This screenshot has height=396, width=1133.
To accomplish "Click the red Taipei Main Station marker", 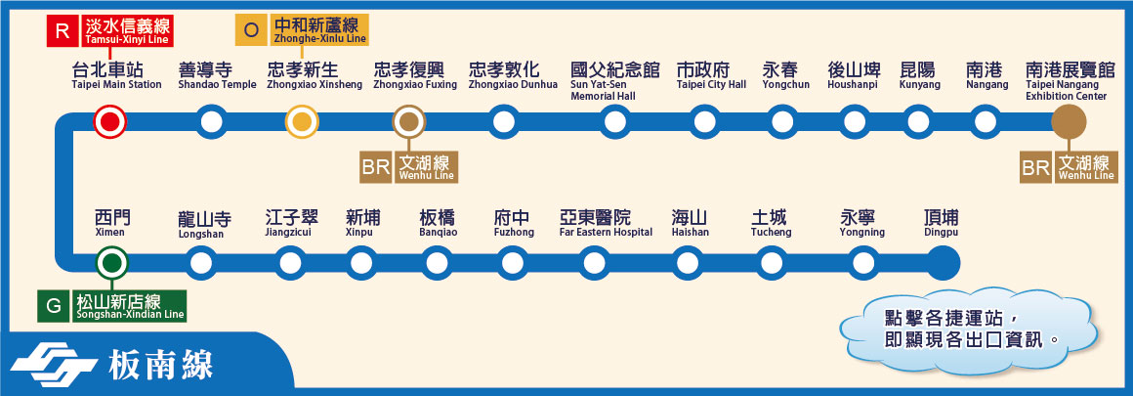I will click(x=109, y=122).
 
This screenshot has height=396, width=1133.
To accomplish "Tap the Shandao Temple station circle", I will click(x=211, y=122).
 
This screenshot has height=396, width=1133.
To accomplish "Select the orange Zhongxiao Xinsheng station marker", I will click(x=302, y=122).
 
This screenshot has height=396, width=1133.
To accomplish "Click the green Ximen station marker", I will click(x=111, y=262).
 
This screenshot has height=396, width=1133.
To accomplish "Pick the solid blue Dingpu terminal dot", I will click(x=943, y=262).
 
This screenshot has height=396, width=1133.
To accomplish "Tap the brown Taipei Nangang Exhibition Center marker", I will click(x=1069, y=122).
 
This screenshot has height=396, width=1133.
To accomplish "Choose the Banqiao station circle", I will click(x=436, y=262).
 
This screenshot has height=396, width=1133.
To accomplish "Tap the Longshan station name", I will click(x=203, y=222).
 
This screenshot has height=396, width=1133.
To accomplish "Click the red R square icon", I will click(x=63, y=31).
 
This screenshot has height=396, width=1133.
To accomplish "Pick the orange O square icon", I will click(x=251, y=30).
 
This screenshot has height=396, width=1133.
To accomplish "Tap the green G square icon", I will click(x=53, y=307).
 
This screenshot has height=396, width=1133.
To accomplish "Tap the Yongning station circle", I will click(x=862, y=262).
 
